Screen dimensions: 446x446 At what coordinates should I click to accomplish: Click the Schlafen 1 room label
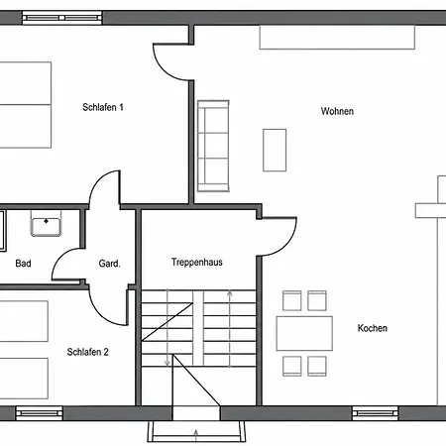103,107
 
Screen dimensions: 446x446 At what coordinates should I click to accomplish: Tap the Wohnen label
337,111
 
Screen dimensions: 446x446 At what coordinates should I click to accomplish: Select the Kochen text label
373,328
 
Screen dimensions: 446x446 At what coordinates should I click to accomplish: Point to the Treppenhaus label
197,262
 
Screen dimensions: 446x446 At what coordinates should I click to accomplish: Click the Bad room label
23,264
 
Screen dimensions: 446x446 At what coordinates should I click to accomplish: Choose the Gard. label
109,264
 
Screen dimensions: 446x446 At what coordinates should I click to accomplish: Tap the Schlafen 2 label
87,352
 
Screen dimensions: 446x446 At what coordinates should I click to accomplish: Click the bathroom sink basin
46,223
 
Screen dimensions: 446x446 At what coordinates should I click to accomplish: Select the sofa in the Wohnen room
213,146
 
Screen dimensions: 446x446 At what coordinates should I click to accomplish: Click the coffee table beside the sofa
275,150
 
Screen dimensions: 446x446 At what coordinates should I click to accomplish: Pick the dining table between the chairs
304,333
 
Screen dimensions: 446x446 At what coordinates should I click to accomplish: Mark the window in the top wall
62,18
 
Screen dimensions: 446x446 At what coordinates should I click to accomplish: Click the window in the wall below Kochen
375,413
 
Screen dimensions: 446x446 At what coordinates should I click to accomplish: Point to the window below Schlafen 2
39,413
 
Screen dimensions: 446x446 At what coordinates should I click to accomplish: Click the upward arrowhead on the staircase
230,292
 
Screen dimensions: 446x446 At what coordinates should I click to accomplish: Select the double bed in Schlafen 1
26,105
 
